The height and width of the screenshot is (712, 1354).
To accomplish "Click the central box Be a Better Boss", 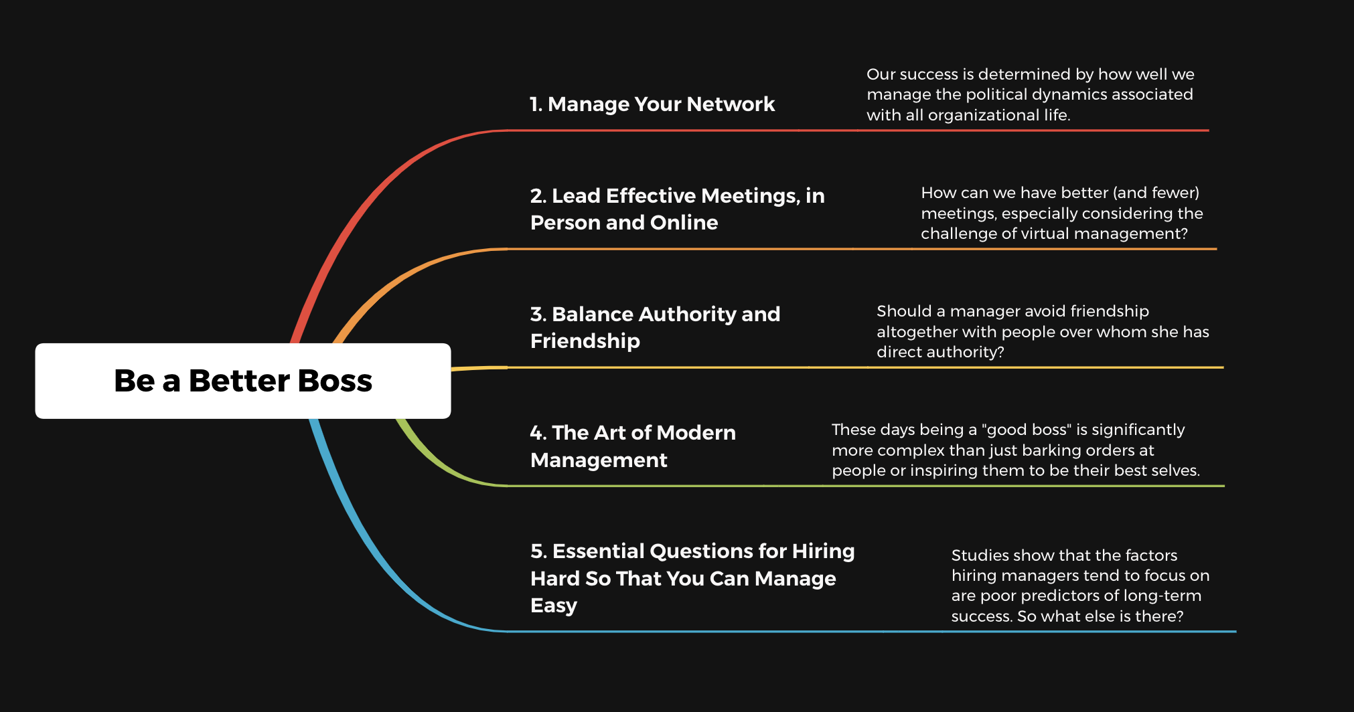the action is pos(243,381).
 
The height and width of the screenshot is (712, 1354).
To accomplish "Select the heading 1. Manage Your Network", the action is pos(652,104).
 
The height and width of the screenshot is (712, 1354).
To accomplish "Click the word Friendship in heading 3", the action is pos(585,341).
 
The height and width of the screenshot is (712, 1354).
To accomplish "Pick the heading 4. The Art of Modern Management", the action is pos(633,446).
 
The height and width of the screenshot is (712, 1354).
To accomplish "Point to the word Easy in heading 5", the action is pos(554,606).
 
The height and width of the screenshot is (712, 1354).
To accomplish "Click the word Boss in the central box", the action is pos(334,381).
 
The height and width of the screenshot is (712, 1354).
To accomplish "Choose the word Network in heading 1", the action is pos(731,104).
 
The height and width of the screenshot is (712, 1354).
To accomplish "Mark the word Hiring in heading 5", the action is pos(823,551).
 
